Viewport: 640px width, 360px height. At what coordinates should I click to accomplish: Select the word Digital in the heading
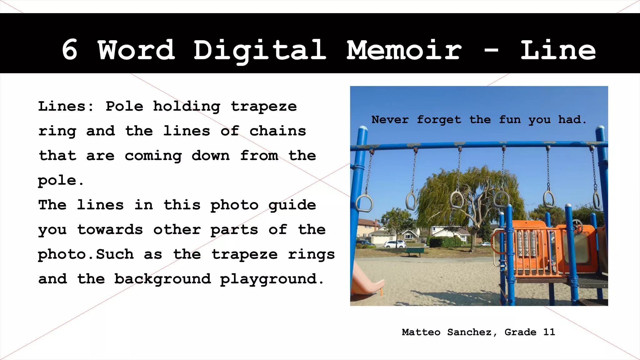click(260, 51)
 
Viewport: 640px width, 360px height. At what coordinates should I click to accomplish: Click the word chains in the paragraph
click(277, 131)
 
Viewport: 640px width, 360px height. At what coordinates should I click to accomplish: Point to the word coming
click(153, 156)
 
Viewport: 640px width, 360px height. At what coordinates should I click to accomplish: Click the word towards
click(110, 230)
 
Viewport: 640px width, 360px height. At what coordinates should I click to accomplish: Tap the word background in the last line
click(162, 279)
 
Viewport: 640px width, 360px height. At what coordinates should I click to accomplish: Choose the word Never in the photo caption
click(390, 120)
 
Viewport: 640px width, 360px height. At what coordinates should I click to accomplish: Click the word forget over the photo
click(439, 120)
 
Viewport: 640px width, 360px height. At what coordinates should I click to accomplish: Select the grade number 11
click(549, 332)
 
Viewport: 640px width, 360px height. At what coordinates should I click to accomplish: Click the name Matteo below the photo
click(421, 332)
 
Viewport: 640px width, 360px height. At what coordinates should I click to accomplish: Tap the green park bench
click(415, 251)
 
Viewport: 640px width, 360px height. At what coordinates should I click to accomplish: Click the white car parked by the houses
click(395, 244)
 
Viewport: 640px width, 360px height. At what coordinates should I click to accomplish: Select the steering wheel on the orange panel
click(577, 226)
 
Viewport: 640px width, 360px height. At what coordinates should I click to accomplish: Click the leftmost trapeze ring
click(364, 202)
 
